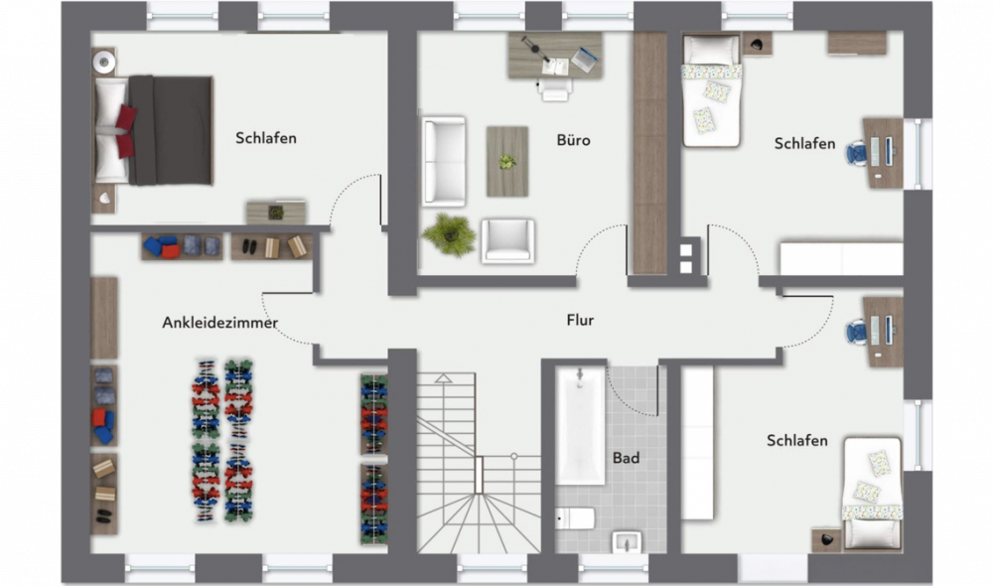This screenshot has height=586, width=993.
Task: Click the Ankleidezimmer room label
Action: (219, 323)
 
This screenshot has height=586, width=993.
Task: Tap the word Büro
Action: (573, 140)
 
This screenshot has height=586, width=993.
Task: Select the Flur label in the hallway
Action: (580, 320)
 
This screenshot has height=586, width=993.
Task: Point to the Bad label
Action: (626, 458)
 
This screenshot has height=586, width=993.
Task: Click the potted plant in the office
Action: (449, 233)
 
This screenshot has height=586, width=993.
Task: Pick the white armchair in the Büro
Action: (507, 240)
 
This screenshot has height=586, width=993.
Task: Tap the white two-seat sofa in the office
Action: (444, 161)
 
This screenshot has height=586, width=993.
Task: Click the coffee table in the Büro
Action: (507, 162)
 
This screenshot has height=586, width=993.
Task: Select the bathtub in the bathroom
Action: (580, 426)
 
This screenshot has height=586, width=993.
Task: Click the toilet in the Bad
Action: (575, 518)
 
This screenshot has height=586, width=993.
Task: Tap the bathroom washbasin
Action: (627, 542)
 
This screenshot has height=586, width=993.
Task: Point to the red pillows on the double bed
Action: (125, 131)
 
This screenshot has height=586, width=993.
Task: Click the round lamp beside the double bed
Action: (104, 63)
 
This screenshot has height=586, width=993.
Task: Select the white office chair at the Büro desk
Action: (555, 88)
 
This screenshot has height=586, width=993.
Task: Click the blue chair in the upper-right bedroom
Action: (856, 153)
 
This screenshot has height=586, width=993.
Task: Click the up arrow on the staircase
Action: (444, 378)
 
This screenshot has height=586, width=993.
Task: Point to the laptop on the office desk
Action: (585, 60)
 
